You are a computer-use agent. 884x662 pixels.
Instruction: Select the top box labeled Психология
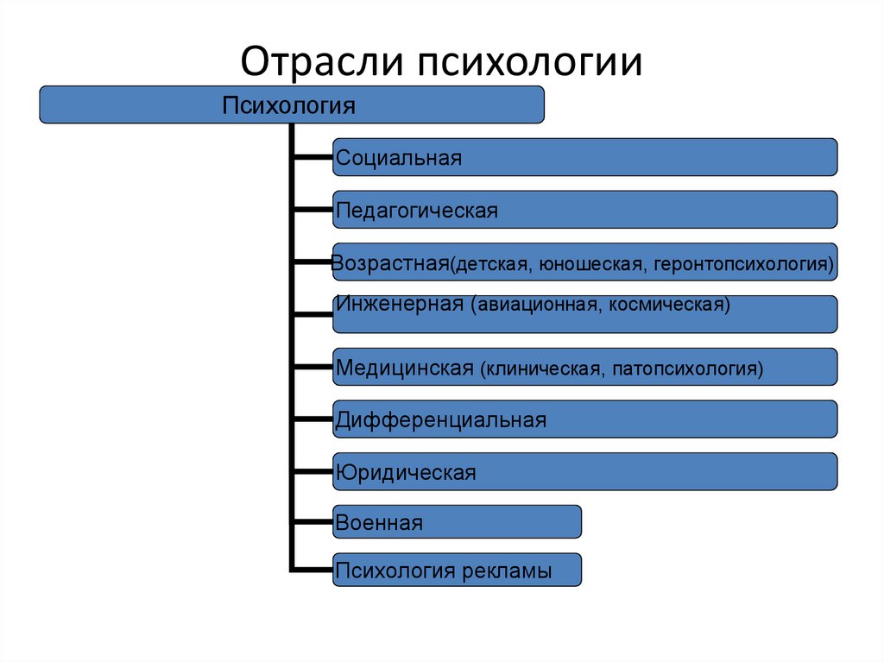tap(292, 104)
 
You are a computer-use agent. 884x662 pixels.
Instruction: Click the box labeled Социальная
tap(584, 157)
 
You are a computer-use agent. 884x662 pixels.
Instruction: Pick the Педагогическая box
tap(584, 210)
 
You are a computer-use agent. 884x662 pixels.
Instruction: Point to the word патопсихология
tap(688, 369)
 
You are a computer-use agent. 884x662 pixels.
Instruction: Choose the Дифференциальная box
tap(584, 420)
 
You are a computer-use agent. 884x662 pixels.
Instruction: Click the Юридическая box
tap(584, 472)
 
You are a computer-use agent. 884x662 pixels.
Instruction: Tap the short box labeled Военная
tap(457, 521)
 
